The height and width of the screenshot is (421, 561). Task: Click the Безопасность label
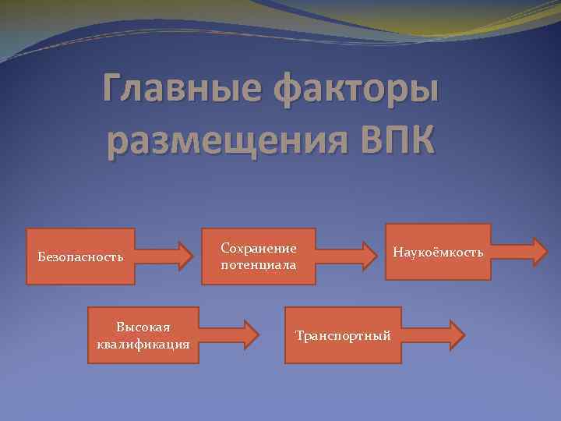[x=81, y=256]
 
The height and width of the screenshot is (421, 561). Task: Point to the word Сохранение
[x=259, y=248]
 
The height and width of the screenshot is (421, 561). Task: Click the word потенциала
[x=259, y=265]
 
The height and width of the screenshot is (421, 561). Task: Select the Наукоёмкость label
[x=439, y=252]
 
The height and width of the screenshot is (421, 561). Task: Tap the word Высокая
[x=143, y=327]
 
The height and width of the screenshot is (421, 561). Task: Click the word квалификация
[x=143, y=344]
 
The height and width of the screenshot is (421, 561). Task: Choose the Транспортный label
[x=343, y=335]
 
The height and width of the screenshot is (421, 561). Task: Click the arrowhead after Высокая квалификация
[x=250, y=335]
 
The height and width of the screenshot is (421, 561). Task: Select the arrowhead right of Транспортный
[x=455, y=335]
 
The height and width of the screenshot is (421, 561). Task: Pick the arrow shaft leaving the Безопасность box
[x=155, y=256]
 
